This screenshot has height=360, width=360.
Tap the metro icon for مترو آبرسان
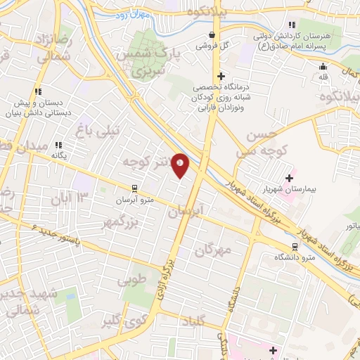[x=133, y=188]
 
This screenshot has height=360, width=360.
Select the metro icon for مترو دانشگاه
[x=294, y=247]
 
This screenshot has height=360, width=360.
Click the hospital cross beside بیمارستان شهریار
[x=289, y=178]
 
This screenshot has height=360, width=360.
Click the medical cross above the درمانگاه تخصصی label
[x=221, y=75]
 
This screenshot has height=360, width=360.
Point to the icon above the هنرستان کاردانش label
[x=272, y=25]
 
